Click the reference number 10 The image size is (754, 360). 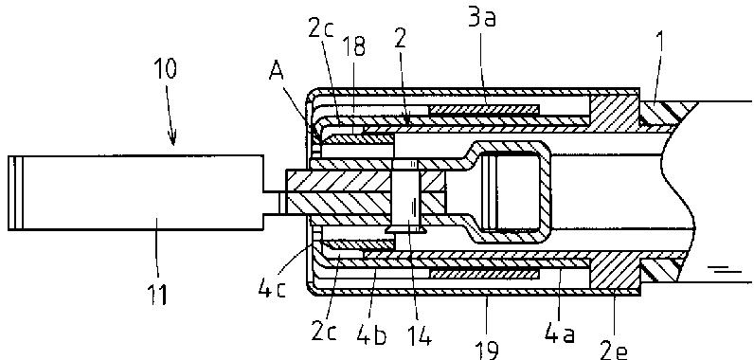point(166,69)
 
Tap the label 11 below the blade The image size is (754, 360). point(157,294)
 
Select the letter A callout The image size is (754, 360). point(276,72)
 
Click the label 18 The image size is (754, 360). point(353,47)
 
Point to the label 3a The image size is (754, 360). point(480,19)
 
